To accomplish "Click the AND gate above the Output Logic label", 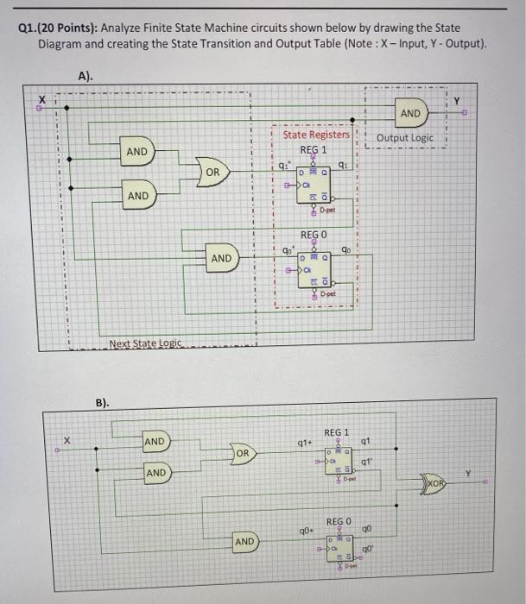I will pos(410,114).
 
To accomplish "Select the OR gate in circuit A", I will pos(212,173).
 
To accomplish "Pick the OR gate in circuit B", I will pos(244,453).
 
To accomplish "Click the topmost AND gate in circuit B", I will pos(155,442).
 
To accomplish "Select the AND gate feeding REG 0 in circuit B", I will pos(245,541).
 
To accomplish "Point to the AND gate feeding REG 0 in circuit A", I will pos(222,257).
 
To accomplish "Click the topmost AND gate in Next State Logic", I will pos(137,152).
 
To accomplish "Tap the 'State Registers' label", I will pos(316,134).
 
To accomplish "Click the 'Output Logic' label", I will pos(405,138).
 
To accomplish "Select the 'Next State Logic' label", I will pos(145,343).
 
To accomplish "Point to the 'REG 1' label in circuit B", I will pos(336,431).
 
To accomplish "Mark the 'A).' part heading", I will pos(85,76).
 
